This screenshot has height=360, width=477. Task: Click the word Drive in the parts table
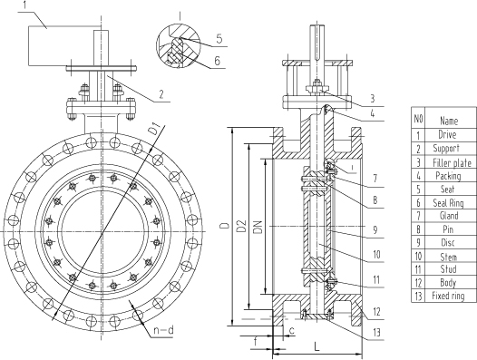point(447,134)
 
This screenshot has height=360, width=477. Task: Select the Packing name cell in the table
point(448,176)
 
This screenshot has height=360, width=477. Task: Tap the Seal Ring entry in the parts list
point(448,203)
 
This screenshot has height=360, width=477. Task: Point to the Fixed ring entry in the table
point(448,296)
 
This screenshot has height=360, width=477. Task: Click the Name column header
point(449,121)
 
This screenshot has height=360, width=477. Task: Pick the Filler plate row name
point(452,163)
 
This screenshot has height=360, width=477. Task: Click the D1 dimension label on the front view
point(154,130)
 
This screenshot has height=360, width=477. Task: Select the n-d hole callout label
point(163,330)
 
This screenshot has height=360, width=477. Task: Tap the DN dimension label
point(258,227)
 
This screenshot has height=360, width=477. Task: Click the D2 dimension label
point(241,226)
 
